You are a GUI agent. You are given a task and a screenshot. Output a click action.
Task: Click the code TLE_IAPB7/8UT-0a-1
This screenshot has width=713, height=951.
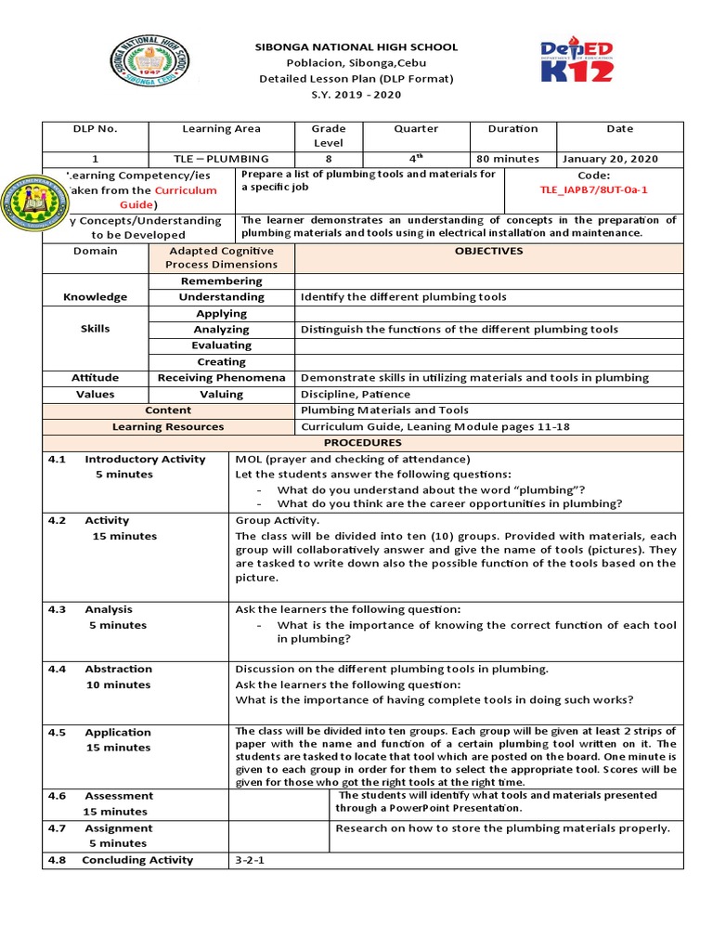593,189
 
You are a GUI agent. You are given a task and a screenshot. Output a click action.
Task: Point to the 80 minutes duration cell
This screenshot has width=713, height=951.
507,159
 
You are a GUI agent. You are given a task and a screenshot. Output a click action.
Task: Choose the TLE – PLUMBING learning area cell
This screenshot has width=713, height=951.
221,159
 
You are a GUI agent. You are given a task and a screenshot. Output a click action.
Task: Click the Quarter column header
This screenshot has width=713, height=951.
415,129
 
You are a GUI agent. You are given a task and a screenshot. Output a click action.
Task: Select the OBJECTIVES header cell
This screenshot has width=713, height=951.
488,251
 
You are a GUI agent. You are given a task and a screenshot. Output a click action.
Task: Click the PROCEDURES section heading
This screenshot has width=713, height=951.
361,443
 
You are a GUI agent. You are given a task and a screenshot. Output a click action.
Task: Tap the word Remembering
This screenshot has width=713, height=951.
221,280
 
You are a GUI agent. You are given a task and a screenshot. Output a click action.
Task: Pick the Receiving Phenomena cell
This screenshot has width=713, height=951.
221,378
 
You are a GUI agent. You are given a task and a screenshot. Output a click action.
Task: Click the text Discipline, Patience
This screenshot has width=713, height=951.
356,394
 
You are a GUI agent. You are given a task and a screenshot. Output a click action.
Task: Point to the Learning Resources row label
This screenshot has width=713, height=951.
167,427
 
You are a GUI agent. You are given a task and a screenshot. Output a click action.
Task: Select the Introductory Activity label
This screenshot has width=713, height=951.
132,459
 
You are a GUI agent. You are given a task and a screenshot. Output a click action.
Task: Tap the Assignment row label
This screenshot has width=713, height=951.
118,827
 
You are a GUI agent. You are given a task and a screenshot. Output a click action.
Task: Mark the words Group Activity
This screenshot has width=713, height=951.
277,521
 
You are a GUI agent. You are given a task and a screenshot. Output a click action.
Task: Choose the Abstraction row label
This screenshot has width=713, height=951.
118,669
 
